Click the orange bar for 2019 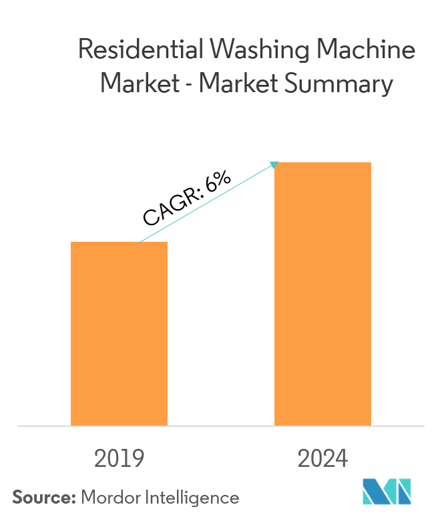[x=119, y=334]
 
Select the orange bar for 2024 [x=323, y=294]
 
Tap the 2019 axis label [x=120, y=459]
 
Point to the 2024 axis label [x=323, y=459]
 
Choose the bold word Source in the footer [x=43, y=498]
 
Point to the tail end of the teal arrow [x=138, y=242]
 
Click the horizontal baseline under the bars [x=220, y=425]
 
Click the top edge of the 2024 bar [x=323, y=162]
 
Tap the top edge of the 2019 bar [x=119, y=242]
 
